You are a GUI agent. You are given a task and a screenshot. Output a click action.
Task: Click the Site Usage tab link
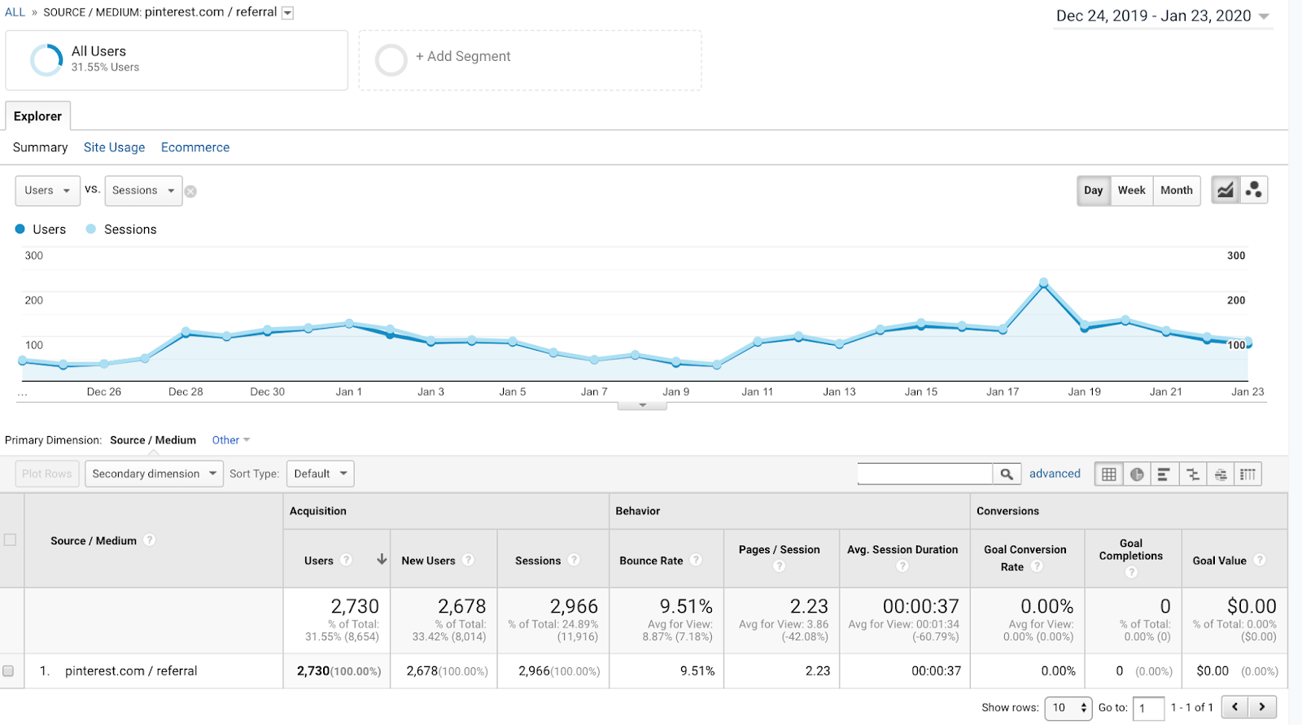(x=114, y=147)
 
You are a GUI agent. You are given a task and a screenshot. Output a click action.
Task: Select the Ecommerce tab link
(x=195, y=147)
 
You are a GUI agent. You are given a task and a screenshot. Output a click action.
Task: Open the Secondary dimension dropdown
(x=154, y=474)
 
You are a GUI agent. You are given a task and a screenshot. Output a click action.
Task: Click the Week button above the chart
(x=1131, y=190)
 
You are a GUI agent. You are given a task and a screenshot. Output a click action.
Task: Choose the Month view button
(x=1177, y=190)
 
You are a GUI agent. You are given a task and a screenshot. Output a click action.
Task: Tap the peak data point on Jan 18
(x=1044, y=283)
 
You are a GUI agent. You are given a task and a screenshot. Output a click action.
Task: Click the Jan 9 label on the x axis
(x=676, y=392)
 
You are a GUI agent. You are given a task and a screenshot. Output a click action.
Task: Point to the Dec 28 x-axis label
(x=186, y=392)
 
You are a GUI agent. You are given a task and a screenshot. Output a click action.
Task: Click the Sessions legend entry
(x=121, y=229)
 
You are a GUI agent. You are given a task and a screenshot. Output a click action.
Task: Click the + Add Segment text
(x=463, y=56)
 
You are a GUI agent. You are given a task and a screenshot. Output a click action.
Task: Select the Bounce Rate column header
(x=651, y=561)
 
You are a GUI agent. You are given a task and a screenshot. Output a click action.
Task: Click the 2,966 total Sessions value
(x=574, y=606)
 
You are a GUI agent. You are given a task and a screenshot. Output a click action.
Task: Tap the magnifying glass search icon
(x=1007, y=474)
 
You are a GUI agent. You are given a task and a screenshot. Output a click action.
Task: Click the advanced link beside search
(x=1055, y=474)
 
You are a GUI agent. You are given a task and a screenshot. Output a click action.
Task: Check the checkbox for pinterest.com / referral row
(x=8, y=671)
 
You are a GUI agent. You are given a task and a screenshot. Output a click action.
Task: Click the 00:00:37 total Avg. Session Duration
(x=920, y=606)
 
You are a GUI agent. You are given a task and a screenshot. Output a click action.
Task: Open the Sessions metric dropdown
(x=143, y=190)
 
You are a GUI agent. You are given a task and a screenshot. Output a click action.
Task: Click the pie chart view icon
(x=1137, y=474)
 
